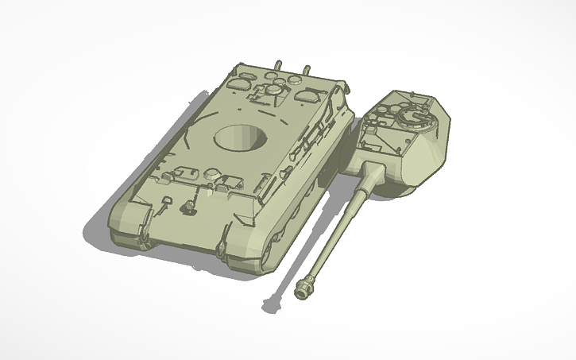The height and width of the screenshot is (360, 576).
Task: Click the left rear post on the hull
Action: [x=277, y=63]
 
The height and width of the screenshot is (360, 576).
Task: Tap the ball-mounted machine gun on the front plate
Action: [x=190, y=207]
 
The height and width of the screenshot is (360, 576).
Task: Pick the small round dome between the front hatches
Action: [x=212, y=172]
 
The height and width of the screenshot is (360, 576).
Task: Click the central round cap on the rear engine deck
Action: [x=273, y=91]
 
